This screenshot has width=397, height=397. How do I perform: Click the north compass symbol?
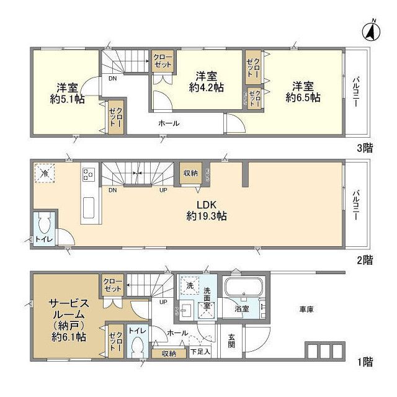pyautogui.click(x=372, y=29)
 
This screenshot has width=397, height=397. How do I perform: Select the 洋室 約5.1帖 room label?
pyautogui.click(x=68, y=92)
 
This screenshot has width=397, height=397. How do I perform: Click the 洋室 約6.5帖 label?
pyautogui.click(x=303, y=91)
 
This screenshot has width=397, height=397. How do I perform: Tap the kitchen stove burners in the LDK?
pyautogui.click(x=88, y=174)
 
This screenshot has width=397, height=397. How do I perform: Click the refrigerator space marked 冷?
pyautogui.click(x=44, y=173)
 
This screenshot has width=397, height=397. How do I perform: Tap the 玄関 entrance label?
pyautogui.click(x=231, y=341)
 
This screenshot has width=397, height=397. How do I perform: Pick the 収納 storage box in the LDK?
pyautogui.click(x=190, y=174)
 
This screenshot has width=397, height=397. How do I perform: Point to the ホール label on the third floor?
pyautogui.click(x=169, y=123)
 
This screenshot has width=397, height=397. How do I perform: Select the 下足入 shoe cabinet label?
pyautogui.click(x=200, y=353)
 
